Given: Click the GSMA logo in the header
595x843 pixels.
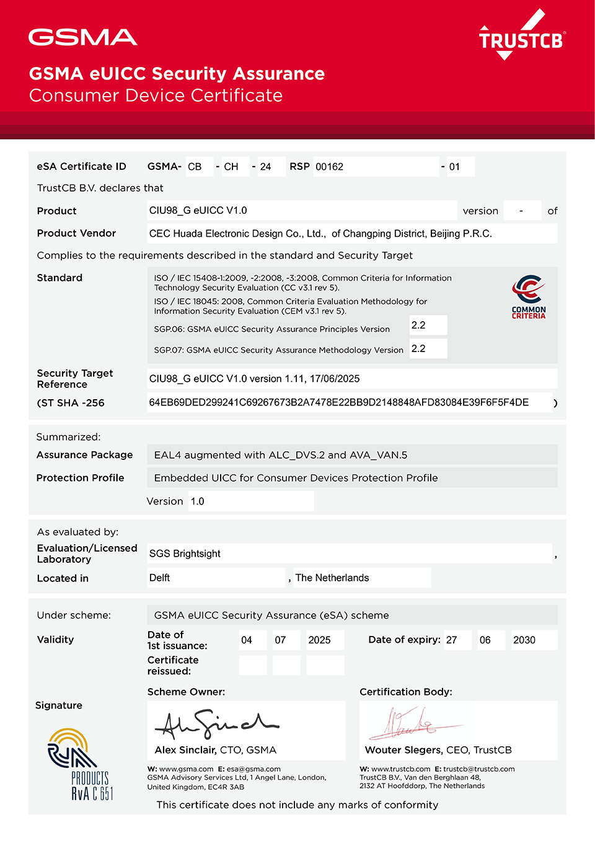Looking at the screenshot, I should tap(82, 37).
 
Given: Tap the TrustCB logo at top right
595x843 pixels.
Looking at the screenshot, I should tap(521, 37).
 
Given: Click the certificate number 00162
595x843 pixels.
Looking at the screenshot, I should tap(329, 167).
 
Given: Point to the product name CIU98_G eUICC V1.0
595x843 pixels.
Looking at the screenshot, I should tap(198, 211).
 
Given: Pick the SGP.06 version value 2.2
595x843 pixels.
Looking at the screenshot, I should tap(418, 325).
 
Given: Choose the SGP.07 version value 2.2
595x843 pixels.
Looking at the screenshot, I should tap(418, 348).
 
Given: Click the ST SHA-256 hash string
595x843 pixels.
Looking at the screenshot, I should tap(338, 402).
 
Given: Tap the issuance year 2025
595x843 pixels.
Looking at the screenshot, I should tap(319, 640).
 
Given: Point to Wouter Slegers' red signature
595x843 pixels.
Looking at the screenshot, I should tap(412, 724).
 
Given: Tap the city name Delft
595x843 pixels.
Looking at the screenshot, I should tap(159, 578).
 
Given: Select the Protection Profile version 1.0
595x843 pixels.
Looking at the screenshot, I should tap(197, 501).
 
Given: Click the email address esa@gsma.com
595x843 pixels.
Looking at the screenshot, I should tap(253, 769).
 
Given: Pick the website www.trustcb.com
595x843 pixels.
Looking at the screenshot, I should tap(400, 769).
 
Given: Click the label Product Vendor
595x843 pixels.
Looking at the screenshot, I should tap(76, 233).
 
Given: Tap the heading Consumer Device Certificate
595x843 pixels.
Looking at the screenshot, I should tap(156, 95).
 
